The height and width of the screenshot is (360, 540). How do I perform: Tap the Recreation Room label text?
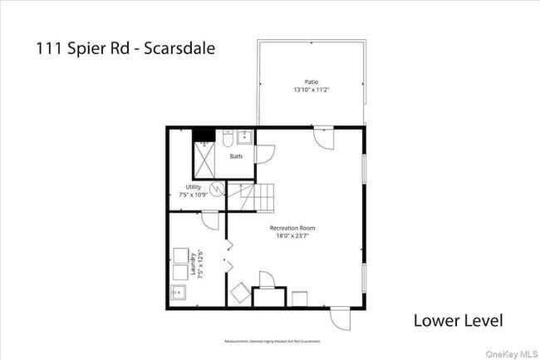click(x=292, y=228)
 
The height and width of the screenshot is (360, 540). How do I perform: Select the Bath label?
click(x=237, y=156)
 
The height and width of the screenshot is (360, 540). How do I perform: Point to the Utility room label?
click(x=193, y=187)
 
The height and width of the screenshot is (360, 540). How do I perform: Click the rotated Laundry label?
click(x=193, y=264)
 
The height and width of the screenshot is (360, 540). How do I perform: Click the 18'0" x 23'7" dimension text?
click(x=292, y=235)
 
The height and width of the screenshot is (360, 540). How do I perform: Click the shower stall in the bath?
click(x=204, y=161)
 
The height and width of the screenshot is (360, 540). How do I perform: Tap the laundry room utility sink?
click(x=179, y=292)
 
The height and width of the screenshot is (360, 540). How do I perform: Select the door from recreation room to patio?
click(x=322, y=135)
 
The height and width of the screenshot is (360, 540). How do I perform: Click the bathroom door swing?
click(x=263, y=153)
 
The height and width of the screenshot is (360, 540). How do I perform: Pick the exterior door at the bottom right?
click(x=340, y=318)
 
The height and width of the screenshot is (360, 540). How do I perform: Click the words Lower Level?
click(x=458, y=320)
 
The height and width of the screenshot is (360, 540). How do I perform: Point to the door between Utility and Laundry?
click(x=209, y=219)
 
